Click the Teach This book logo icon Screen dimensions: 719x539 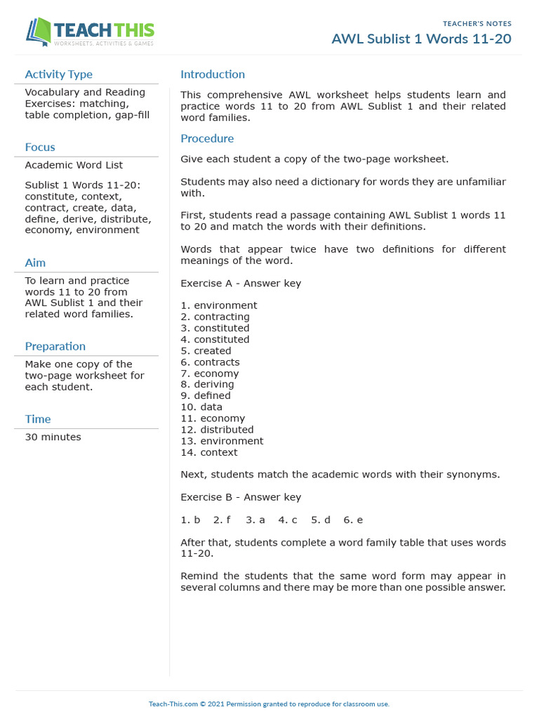(x=39, y=32)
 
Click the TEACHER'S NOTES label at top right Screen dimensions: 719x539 (x=477, y=24)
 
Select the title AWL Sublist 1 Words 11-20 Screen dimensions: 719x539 (x=421, y=39)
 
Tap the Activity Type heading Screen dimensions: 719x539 (x=58, y=74)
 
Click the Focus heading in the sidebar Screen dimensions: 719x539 (x=40, y=147)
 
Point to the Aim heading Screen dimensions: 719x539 (x=35, y=263)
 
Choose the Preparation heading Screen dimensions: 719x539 (x=55, y=346)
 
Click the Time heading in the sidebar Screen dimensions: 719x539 (x=38, y=419)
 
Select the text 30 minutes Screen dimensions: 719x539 (x=53, y=437)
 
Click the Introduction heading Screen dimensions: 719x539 (x=213, y=74)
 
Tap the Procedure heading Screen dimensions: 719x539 (x=207, y=139)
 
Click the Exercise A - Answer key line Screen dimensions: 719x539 (x=241, y=284)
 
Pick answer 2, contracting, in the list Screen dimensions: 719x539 (x=215, y=317)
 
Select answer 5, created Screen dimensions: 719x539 (x=206, y=351)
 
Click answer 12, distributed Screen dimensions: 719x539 (x=217, y=430)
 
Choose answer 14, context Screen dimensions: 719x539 (x=209, y=452)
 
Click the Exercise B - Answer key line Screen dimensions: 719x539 (x=241, y=497)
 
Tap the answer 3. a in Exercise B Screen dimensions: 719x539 (x=255, y=520)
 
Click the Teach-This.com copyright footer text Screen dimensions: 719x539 (x=269, y=704)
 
